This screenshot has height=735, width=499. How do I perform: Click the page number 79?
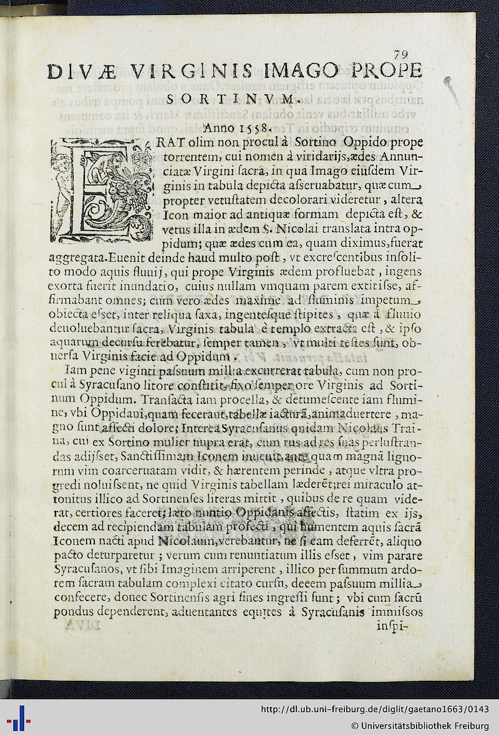[x=400, y=54]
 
